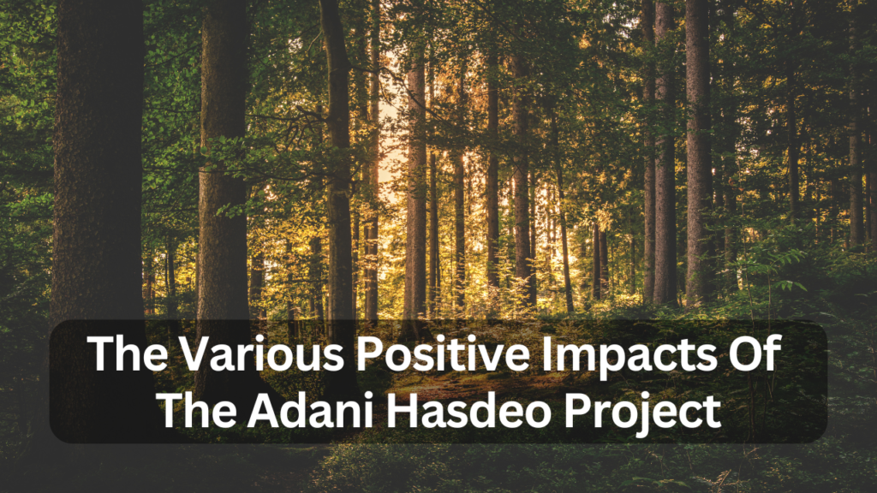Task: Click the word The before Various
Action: pyautogui.click(x=123, y=353)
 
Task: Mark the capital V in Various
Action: pyautogui.click(x=182, y=353)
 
